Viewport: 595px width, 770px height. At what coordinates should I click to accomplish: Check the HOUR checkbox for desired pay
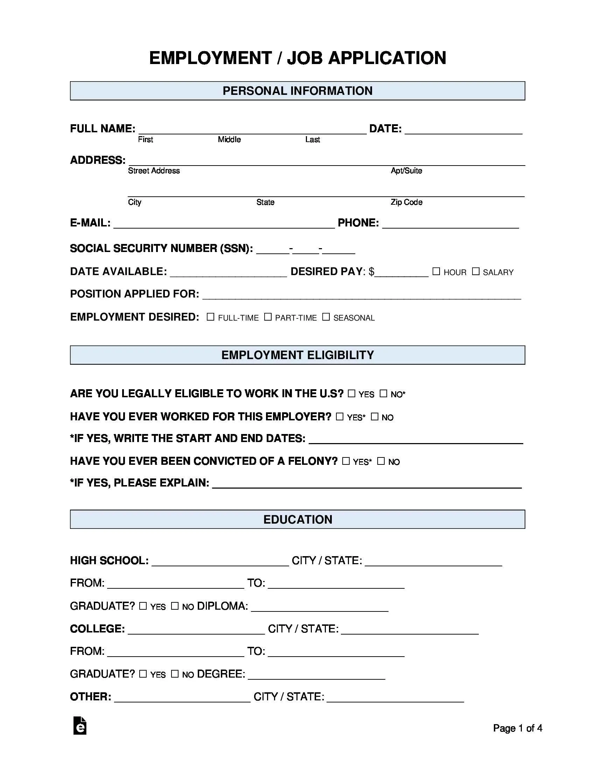coord(436,271)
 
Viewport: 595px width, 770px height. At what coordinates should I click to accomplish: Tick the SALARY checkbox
coord(476,271)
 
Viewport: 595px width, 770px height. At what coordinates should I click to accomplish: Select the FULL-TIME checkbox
coord(210,317)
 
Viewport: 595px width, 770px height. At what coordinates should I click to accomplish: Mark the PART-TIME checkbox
coord(268,317)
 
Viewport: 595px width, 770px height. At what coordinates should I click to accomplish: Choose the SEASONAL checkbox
coord(326,317)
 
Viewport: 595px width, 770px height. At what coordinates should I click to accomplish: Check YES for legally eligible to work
coord(351,393)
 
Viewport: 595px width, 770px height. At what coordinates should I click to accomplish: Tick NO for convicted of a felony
coord(381,461)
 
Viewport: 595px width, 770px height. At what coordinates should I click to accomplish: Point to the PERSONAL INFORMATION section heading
coord(297,91)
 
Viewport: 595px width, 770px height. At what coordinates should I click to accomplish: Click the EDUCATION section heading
coord(297,519)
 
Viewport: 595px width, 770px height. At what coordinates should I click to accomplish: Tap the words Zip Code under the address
coord(406,202)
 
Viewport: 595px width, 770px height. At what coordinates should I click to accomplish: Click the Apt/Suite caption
coord(406,171)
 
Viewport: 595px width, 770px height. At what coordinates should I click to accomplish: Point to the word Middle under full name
coord(229,140)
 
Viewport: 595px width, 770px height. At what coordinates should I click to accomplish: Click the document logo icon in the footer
coord(80,726)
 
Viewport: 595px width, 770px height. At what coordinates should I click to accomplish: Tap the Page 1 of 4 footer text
coord(517,728)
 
